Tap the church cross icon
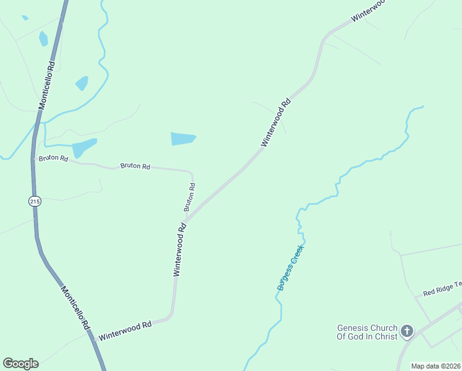(406, 332)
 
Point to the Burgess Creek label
(291, 267)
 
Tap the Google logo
(20, 364)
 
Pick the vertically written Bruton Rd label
(190, 197)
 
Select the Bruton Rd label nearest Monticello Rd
(53, 158)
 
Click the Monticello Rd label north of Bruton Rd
(47, 85)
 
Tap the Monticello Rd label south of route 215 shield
(76, 307)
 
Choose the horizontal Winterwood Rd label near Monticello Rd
(125, 331)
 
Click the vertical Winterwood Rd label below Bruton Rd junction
(179, 249)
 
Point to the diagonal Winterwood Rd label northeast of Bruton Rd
(275, 121)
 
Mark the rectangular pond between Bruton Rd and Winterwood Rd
(183, 139)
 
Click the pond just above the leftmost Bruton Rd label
(84, 148)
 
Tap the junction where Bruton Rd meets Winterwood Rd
(186, 220)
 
